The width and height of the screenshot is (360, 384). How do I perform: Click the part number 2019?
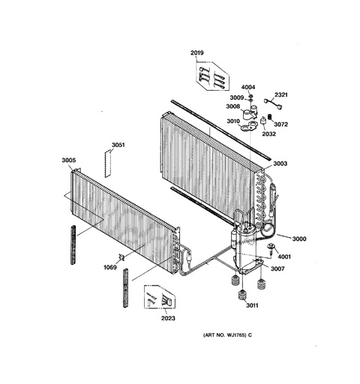197,52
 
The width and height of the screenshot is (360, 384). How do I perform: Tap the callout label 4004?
248,87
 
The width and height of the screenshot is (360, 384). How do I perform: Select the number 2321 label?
281,94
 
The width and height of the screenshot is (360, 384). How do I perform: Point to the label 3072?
281,124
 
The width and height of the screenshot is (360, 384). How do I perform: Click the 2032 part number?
268,134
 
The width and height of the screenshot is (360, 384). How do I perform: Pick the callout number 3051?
118,145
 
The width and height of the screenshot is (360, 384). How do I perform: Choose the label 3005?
69,160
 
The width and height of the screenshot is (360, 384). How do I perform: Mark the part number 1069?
110,268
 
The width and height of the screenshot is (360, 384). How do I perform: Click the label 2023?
168,318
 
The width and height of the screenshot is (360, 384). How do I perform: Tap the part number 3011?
252,305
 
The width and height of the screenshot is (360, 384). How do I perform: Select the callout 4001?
284,256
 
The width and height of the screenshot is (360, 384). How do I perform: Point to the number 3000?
299,239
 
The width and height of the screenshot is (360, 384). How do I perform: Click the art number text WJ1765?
235,335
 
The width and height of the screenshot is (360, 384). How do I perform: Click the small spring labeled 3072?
270,117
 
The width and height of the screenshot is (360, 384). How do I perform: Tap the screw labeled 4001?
271,249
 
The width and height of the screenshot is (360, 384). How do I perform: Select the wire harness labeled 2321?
273,103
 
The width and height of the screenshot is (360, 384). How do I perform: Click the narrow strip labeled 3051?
107,163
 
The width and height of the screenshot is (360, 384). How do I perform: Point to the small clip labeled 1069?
121,257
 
